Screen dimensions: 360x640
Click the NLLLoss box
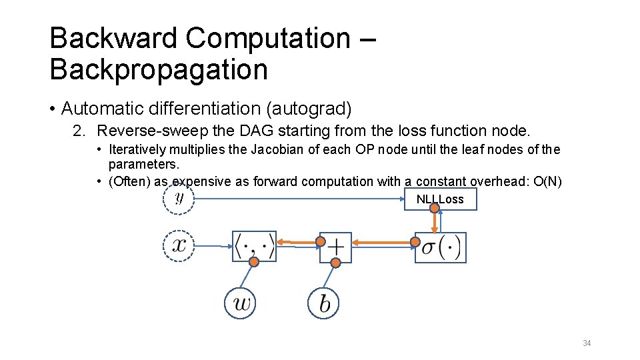pos(440,199)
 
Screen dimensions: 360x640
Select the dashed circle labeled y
pos(179,198)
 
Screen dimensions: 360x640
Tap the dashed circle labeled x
pos(179,245)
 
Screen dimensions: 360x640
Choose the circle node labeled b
pos(324,303)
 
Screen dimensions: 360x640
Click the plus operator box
pos(335,247)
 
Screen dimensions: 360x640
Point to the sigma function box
pos(441,247)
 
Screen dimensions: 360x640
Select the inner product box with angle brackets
pos(254,247)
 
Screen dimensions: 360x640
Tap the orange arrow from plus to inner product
pos(299,241)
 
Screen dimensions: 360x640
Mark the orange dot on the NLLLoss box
pos(434,208)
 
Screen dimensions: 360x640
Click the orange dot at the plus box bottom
pos(336,263)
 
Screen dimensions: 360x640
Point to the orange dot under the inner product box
pos(254,263)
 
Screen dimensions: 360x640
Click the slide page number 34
pos(587,343)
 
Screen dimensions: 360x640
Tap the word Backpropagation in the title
pos(159,69)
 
